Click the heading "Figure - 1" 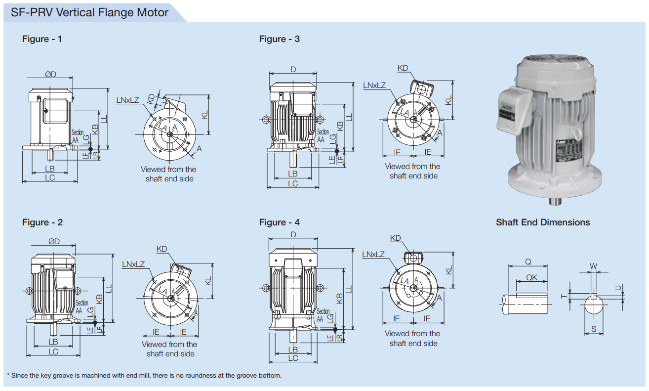(42, 39)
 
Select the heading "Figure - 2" (42, 222)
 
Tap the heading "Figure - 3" (279, 39)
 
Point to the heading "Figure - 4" (279, 222)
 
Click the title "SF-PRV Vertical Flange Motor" (89, 12)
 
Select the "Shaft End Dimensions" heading (543, 222)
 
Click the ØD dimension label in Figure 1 (50, 74)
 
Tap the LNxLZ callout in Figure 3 (374, 85)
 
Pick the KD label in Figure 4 (395, 238)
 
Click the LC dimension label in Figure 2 (53, 351)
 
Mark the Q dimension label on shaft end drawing (528, 262)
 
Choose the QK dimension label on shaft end (531, 278)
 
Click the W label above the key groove (594, 266)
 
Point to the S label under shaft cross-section (594, 329)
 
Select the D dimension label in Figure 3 (293, 70)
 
